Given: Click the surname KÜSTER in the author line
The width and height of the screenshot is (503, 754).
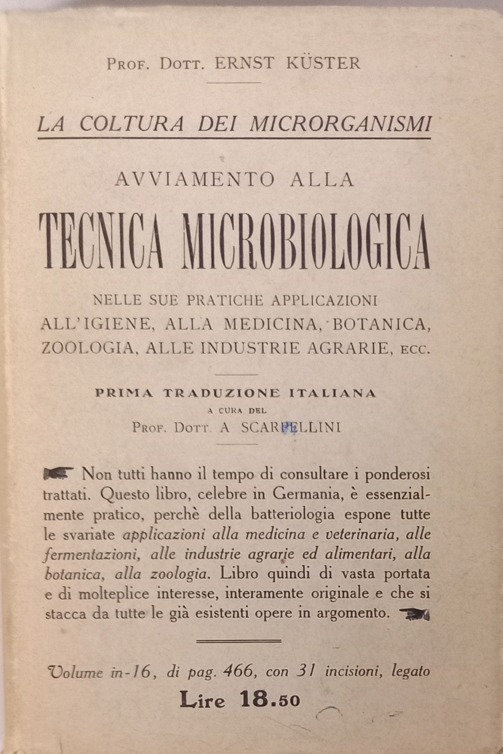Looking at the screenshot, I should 323,63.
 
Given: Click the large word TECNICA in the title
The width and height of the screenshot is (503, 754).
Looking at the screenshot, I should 101,243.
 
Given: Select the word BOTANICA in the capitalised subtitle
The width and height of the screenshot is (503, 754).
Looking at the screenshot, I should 381,324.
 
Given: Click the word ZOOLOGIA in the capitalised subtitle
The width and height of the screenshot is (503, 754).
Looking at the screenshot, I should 87,348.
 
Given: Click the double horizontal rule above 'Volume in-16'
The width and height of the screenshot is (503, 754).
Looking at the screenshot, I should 239,640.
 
